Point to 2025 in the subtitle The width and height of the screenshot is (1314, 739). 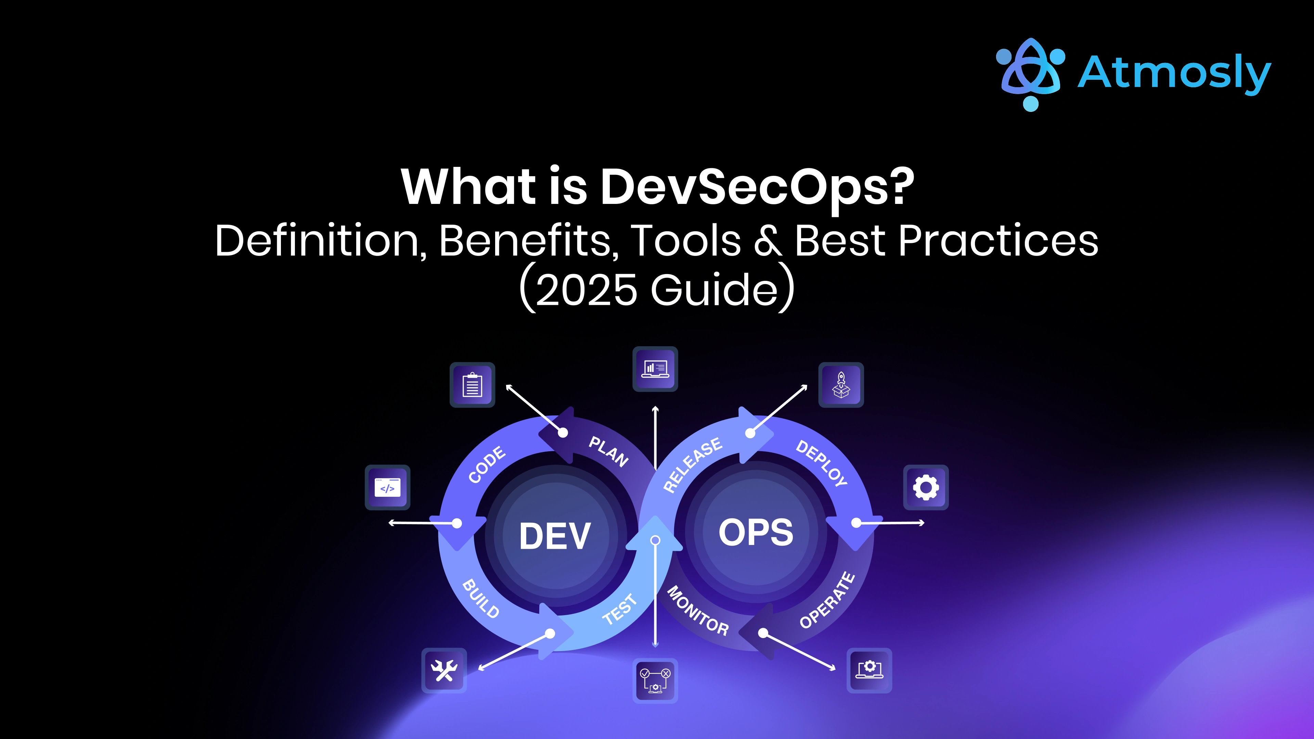tap(586, 290)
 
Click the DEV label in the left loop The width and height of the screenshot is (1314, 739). tap(555, 536)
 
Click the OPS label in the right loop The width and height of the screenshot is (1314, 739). tap(756, 532)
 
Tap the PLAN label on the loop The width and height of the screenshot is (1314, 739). tap(608, 451)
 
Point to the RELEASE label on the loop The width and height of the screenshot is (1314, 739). tap(692, 465)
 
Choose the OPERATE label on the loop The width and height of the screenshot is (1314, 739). tap(827, 600)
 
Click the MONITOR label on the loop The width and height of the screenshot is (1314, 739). tap(698, 610)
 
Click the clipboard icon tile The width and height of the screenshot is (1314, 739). tap(472, 385)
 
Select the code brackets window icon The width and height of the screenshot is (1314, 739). tap(388, 488)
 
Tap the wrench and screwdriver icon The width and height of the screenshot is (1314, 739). tap(444, 670)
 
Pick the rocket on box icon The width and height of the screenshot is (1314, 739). tap(841, 385)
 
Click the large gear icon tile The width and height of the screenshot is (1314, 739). tap(926, 488)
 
